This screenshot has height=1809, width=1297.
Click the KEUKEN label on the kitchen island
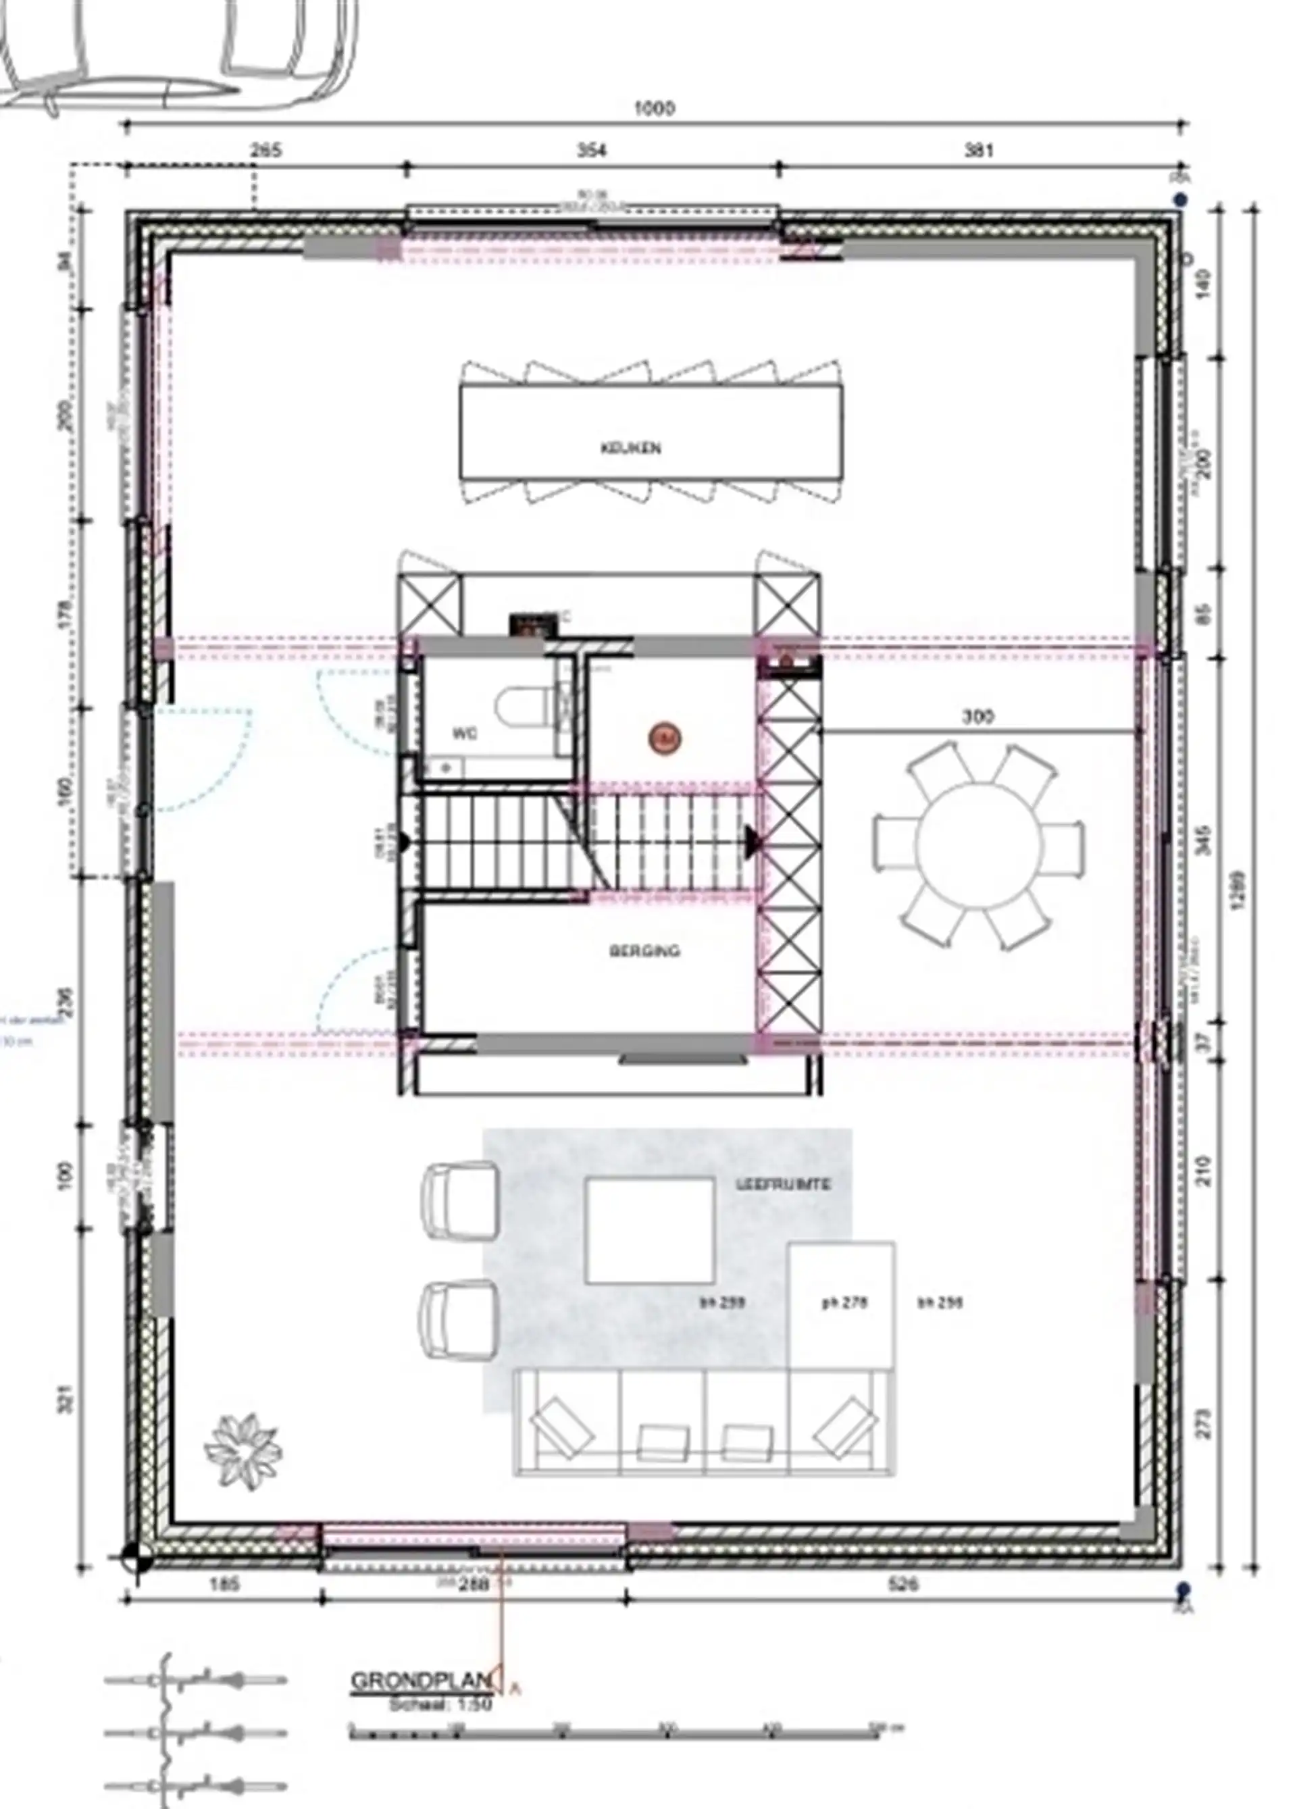pyautogui.click(x=630, y=449)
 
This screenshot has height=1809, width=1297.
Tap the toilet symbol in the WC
pyautogui.click(x=522, y=707)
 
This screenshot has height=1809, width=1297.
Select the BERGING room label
pyautogui.click(x=644, y=950)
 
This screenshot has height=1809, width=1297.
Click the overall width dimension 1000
pyautogui.click(x=653, y=109)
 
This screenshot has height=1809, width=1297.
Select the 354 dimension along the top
pyautogui.click(x=590, y=150)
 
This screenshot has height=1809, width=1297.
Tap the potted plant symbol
pyautogui.click(x=243, y=1449)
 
